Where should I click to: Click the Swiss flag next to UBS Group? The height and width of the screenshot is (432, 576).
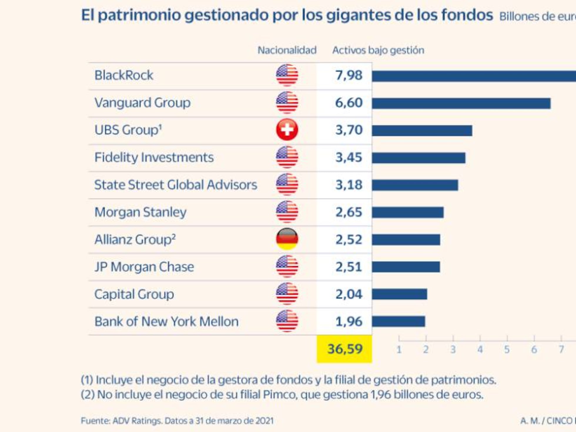(287, 130)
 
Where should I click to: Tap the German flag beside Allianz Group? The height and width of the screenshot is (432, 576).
(287, 239)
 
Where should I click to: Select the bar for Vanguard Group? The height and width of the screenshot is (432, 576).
(461, 103)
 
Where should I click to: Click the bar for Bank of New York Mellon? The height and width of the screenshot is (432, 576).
(398, 322)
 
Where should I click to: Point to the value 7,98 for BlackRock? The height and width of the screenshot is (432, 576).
(349, 76)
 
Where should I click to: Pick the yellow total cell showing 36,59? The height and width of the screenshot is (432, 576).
(344, 349)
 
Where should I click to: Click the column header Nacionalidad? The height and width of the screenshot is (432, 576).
(287, 50)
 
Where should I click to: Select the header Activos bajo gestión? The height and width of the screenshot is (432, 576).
(378, 50)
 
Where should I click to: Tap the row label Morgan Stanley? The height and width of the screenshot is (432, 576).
(140, 212)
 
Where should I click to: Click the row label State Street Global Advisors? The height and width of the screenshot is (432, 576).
(176, 185)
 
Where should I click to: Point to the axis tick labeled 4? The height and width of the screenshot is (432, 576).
(480, 349)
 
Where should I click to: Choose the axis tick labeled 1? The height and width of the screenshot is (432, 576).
(399, 349)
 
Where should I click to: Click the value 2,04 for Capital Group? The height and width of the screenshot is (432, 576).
(349, 294)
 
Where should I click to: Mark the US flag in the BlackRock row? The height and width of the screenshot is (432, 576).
(287, 75)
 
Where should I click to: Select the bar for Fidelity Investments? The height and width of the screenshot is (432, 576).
(418, 158)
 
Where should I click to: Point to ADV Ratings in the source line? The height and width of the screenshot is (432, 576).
(137, 421)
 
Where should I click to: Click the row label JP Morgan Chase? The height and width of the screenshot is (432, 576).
(144, 267)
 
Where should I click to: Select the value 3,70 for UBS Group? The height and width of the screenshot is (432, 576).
(349, 130)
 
